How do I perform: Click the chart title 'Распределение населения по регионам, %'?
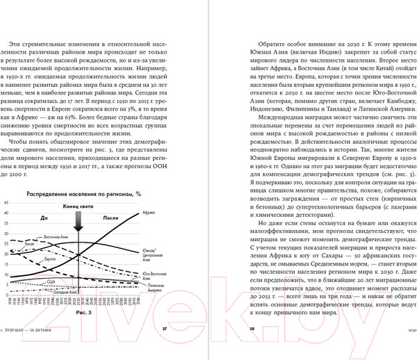pyautogui.click(x=83, y=193)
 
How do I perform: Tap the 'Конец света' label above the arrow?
pyautogui.click(x=78, y=206)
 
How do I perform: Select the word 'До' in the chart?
pyautogui.click(x=43, y=218)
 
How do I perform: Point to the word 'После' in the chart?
pyautogui.click(x=111, y=218)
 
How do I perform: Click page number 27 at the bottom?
pyautogui.click(x=165, y=329)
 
